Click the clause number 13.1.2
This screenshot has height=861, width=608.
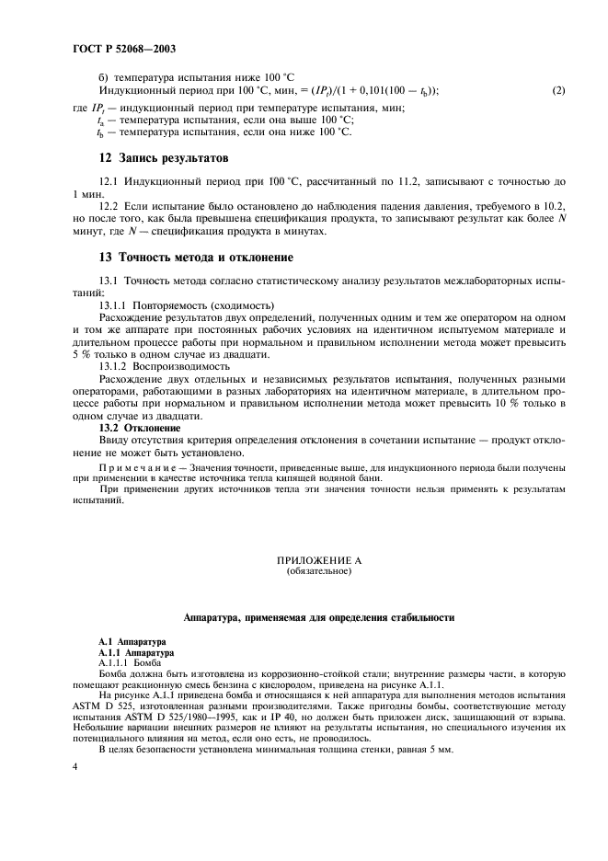[114, 365]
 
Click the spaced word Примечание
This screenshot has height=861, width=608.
[134, 468]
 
